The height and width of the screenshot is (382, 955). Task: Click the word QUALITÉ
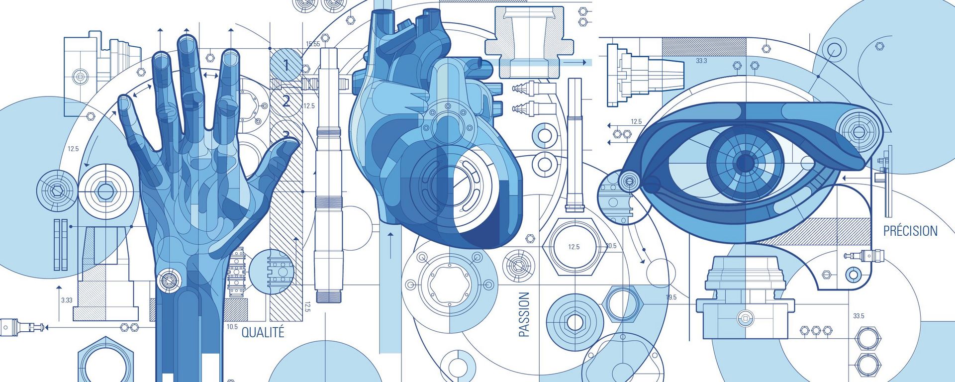263,332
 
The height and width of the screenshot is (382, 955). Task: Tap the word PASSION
524,314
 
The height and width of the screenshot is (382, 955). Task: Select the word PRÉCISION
910,231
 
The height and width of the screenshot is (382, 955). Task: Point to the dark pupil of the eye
745,162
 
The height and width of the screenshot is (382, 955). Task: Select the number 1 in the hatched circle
286,65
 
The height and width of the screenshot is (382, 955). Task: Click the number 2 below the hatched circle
286,101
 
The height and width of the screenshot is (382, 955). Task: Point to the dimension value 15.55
313,44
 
